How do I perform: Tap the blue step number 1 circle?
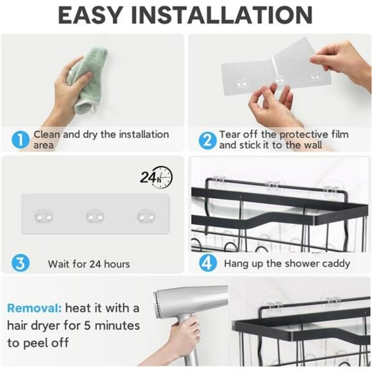pos(21,140)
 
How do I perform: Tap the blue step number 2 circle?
pos(207,140)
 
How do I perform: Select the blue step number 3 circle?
pos(21,263)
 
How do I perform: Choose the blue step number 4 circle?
pos(207,263)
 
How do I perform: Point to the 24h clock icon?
pos(157,176)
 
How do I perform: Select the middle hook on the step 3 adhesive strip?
pos(94,217)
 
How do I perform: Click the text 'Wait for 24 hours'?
pos(89,264)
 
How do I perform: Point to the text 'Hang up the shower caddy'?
pos(287,264)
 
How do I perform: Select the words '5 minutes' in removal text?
pos(113,326)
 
